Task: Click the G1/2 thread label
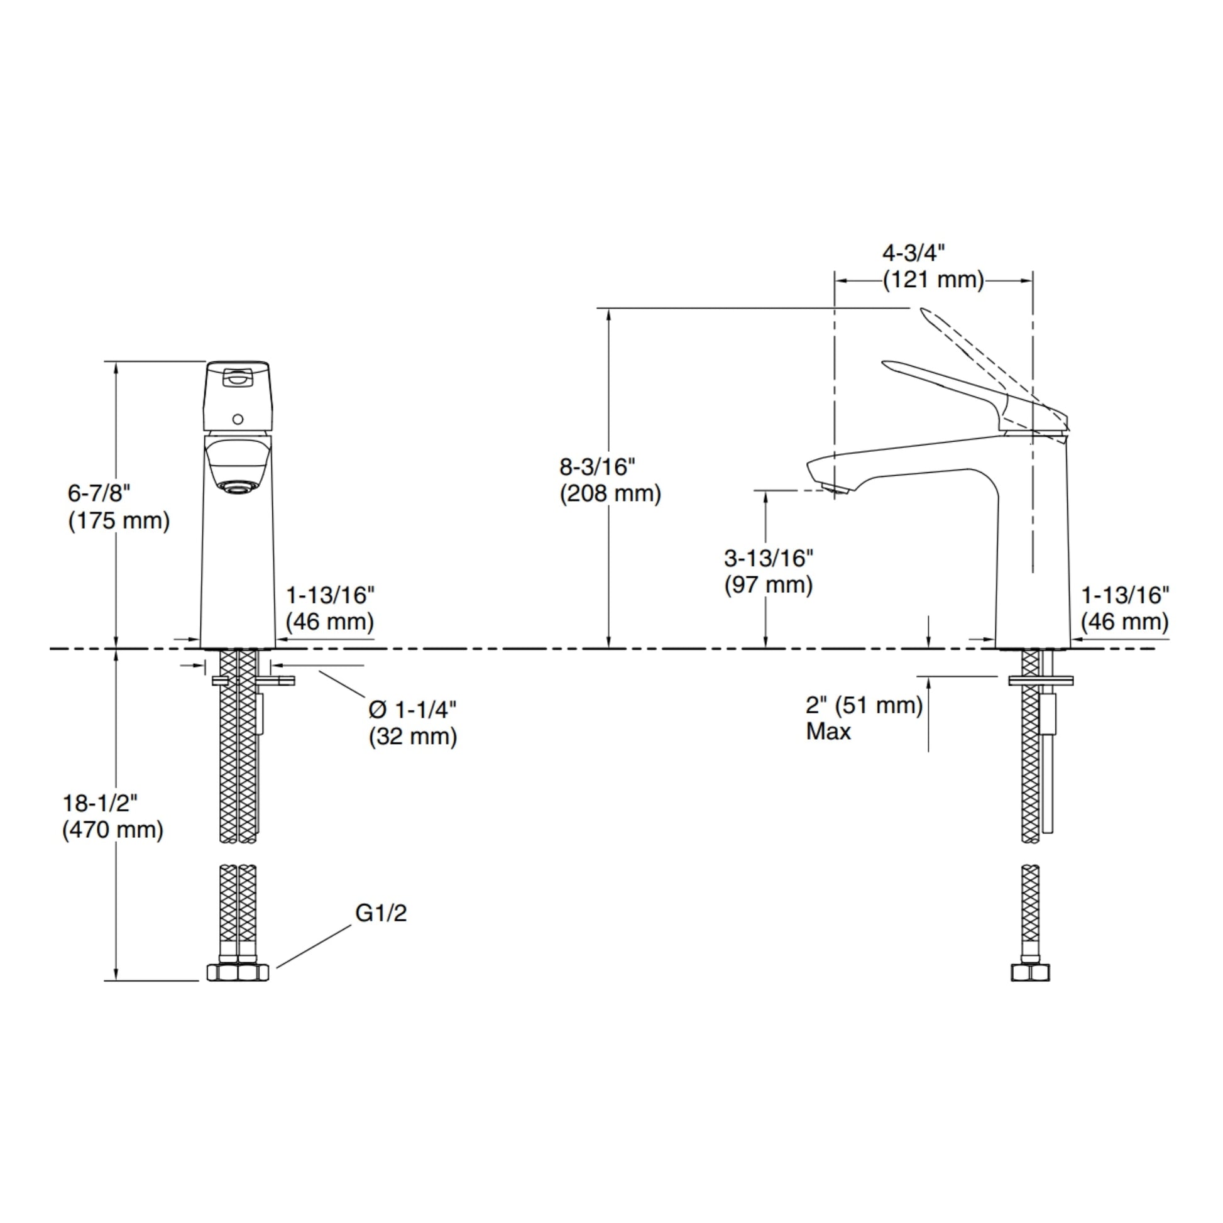tap(380, 913)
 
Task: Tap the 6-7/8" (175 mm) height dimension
tap(119, 507)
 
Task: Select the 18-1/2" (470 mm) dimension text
tap(112, 816)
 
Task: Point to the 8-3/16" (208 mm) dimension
tap(610, 480)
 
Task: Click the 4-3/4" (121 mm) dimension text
tap(934, 266)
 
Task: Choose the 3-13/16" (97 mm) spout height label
tap(769, 571)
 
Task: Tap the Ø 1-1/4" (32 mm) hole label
tap(413, 723)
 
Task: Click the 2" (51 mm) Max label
tap(864, 718)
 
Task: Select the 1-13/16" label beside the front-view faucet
tap(330, 608)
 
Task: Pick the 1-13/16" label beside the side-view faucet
tap(1125, 608)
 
